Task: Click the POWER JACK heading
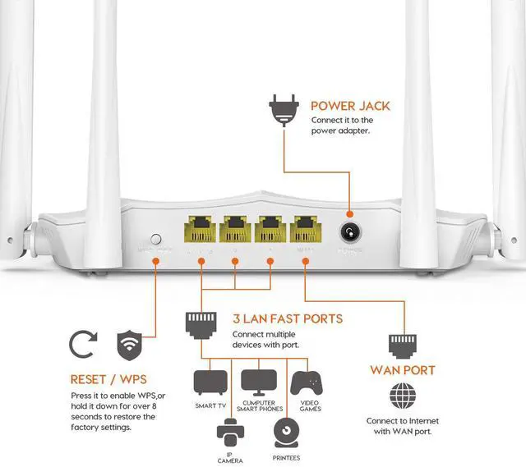click(x=350, y=106)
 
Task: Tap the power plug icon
click(x=281, y=111)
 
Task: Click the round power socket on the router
click(x=353, y=229)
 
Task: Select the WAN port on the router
click(x=305, y=229)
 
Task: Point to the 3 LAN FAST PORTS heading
click(x=287, y=318)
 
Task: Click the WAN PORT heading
click(x=401, y=371)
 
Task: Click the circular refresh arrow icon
click(x=83, y=346)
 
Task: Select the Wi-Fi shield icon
click(x=128, y=346)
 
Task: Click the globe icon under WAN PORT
click(x=402, y=397)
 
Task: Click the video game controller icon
click(x=307, y=382)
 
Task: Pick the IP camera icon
click(x=230, y=432)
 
